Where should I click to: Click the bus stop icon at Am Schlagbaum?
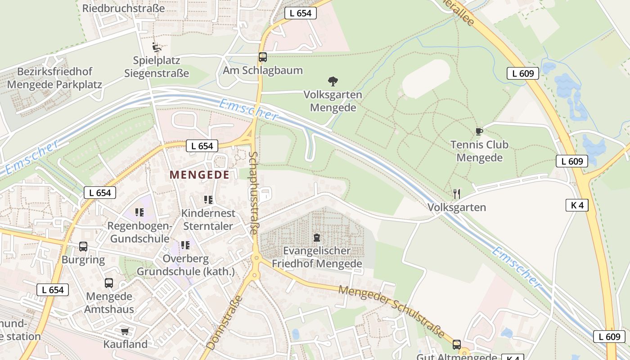263,57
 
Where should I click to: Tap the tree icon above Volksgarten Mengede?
333,81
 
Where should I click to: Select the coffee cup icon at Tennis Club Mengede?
479,131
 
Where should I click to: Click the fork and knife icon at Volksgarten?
457,194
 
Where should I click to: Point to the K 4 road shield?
577,205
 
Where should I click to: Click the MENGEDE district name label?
199,175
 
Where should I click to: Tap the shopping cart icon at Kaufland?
125,331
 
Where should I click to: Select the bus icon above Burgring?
83,247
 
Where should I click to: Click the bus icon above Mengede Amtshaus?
109,283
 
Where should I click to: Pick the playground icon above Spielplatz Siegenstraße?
157,47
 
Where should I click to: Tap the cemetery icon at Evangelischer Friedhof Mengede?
317,238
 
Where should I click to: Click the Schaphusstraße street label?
253,193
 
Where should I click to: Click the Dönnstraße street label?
225,320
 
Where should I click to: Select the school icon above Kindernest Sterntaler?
208,199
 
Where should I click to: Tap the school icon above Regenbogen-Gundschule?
139,212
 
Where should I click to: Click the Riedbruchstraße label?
124,8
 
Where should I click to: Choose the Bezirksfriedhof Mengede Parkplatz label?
55,78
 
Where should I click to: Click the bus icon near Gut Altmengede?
457,345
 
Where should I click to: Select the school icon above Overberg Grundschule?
185,245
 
